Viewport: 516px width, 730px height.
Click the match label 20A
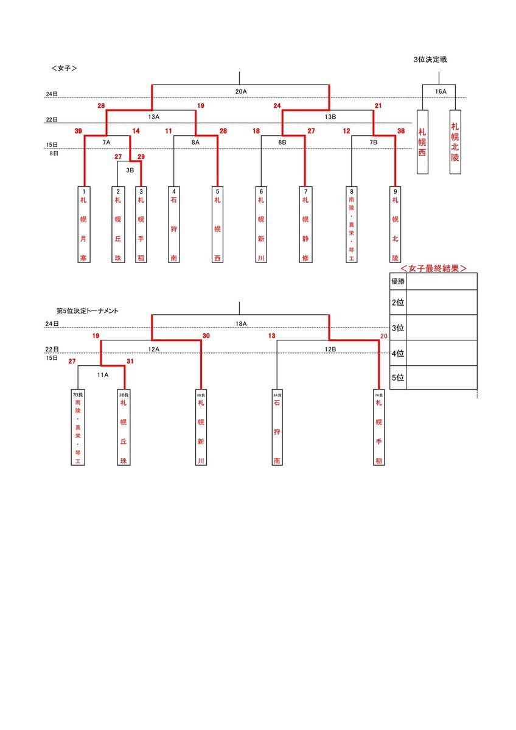[x=240, y=91]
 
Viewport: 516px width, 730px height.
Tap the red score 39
[x=78, y=131]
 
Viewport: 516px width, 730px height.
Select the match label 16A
[x=440, y=91]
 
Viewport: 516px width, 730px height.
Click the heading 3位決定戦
[x=430, y=60]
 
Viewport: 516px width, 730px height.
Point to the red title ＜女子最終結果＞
[x=433, y=268]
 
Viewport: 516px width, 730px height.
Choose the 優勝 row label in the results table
[x=397, y=281]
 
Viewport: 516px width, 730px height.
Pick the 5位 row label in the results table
[x=397, y=377]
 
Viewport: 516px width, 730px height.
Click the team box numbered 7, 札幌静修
[x=305, y=225]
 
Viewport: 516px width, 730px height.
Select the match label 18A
[x=240, y=324]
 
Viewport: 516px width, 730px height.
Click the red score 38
[x=400, y=131]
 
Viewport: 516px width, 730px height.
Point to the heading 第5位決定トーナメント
[x=87, y=311]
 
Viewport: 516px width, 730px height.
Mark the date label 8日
[x=53, y=154]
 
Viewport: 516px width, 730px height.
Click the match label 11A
[x=102, y=375]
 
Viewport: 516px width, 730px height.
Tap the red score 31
[x=129, y=361]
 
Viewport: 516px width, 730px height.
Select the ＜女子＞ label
[x=64, y=69]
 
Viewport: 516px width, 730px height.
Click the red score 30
[x=206, y=336]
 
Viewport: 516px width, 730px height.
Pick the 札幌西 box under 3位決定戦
[x=422, y=141]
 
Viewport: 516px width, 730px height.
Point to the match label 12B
[x=330, y=349]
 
